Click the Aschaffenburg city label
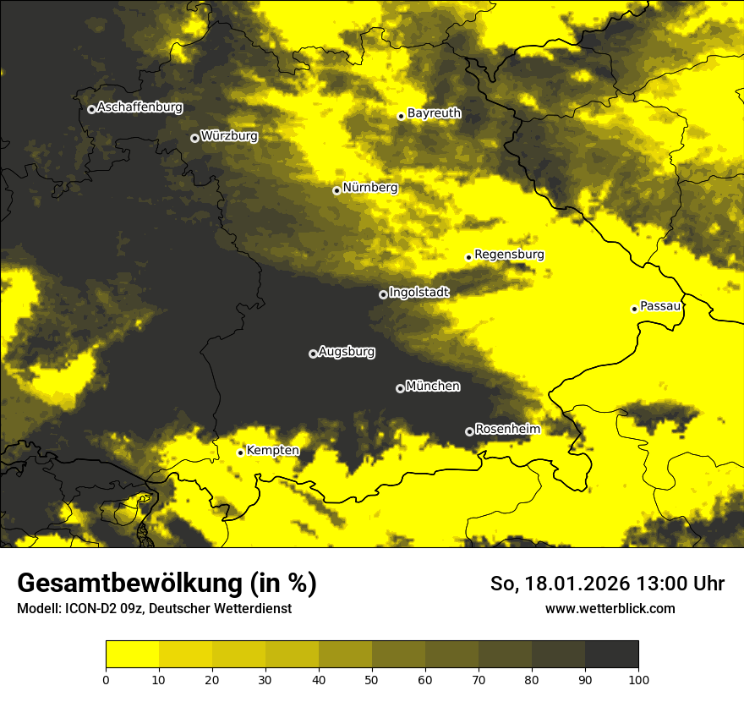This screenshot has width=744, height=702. [x=139, y=107]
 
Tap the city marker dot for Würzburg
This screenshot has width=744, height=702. [x=194, y=138]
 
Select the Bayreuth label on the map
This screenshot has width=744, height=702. [x=434, y=113]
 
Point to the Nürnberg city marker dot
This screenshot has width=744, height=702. [x=336, y=190]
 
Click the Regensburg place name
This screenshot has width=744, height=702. [x=509, y=255]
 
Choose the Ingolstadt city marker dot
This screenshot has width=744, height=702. [x=383, y=294]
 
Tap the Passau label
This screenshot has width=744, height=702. [x=660, y=306]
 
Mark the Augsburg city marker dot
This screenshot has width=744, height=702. [x=313, y=354]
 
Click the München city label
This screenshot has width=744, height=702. [x=433, y=387]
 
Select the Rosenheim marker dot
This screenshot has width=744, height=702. [x=469, y=431]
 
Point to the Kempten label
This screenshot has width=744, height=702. [x=272, y=451]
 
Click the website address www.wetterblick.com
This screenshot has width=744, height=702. [x=610, y=608]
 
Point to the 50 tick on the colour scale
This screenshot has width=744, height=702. [x=372, y=678]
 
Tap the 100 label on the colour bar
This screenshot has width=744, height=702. [x=638, y=678]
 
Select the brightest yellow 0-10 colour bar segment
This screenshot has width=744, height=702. [x=132, y=655]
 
